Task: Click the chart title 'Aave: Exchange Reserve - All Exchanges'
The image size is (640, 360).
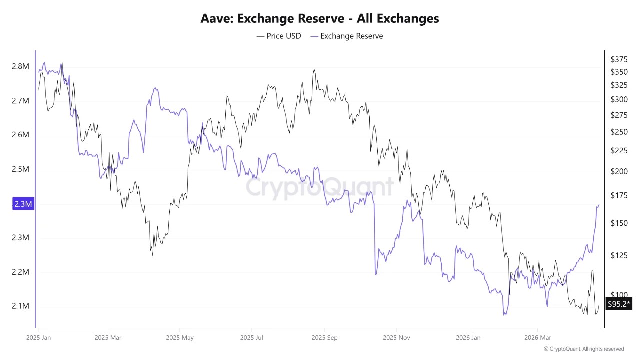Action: (x=320, y=19)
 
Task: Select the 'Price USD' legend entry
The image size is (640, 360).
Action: (x=279, y=36)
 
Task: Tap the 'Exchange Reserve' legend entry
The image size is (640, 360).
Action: (x=346, y=36)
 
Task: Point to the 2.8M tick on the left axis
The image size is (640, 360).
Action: (x=20, y=67)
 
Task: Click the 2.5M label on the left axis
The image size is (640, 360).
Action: (x=20, y=169)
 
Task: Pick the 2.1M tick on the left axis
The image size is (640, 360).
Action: (x=20, y=306)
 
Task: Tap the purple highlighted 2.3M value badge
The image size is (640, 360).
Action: (x=23, y=204)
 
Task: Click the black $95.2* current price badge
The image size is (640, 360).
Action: (x=619, y=304)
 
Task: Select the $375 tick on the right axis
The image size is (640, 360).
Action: (x=619, y=59)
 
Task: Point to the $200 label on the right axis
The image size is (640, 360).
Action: (x=619, y=171)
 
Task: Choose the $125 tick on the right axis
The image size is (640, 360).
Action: (x=619, y=255)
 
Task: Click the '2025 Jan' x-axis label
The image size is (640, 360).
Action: (x=38, y=338)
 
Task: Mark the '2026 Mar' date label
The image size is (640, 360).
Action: (x=538, y=338)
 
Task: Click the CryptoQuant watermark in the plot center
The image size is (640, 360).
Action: (x=320, y=187)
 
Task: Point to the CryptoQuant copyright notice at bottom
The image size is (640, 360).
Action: (x=583, y=349)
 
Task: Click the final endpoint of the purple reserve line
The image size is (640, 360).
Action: (x=599, y=205)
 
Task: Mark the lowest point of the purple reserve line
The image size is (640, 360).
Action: (x=504, y=315)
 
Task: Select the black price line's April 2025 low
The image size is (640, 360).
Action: (x=153, y=256)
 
